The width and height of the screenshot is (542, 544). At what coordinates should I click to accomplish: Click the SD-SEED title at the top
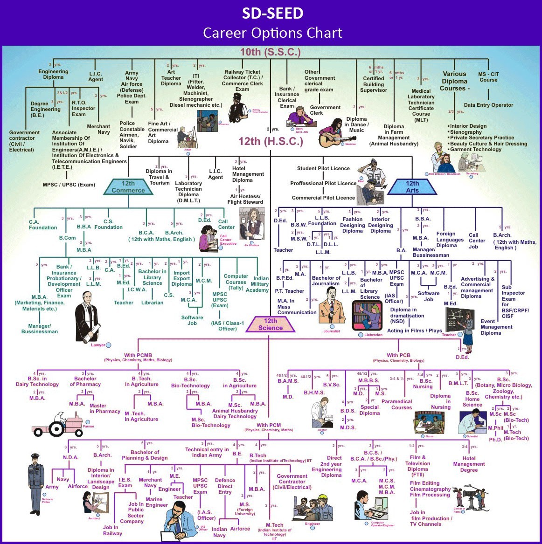[272, 13]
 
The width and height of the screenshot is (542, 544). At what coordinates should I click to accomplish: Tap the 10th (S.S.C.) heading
[270, 52]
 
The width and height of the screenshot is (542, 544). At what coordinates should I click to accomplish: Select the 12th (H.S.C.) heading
[271, 141]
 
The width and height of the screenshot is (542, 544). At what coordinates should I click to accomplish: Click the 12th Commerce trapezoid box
[128, 187]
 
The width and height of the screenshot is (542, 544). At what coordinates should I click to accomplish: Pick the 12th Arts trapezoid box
[412, 187]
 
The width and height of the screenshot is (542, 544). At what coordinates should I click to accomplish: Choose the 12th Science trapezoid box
[271, 324]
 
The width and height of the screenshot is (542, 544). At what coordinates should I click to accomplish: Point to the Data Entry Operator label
[488, 105]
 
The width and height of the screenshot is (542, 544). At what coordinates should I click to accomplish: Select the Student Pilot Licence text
[323, 168]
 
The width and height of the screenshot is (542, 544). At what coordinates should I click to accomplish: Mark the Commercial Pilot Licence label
[323, 198]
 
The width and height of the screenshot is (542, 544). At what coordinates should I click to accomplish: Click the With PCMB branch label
[138, 356]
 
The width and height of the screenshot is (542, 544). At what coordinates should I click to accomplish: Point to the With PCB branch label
[398, 356]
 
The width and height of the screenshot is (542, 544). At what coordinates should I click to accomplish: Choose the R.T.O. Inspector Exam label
[83, 109]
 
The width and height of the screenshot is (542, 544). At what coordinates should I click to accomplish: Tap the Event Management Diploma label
[496, 327]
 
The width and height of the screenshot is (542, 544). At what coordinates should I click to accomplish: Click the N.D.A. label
[71, 457]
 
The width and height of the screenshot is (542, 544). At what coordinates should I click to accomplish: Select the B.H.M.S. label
[314, 393]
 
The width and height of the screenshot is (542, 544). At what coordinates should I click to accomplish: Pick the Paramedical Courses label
[397, 404]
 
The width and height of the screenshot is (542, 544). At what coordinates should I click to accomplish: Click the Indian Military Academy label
[259, 284]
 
